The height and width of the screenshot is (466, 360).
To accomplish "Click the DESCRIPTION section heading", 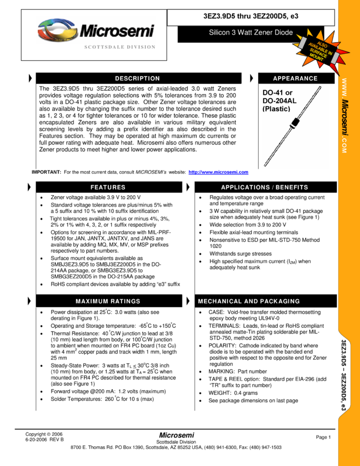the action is (137, 78).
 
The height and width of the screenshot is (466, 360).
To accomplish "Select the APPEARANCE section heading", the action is (295, 78).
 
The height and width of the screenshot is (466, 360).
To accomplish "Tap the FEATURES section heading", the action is (108, 187).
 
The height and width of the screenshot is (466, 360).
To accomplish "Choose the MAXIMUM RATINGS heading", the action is (108, 302).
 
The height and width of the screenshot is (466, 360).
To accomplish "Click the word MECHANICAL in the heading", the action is (220, 302).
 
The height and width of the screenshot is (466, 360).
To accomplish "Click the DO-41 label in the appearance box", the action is (273, 93).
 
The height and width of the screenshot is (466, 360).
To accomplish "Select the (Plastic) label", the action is (276, 109).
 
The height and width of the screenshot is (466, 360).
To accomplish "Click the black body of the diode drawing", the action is (296, 122).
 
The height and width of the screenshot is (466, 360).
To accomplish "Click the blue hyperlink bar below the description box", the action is (218, 172).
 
